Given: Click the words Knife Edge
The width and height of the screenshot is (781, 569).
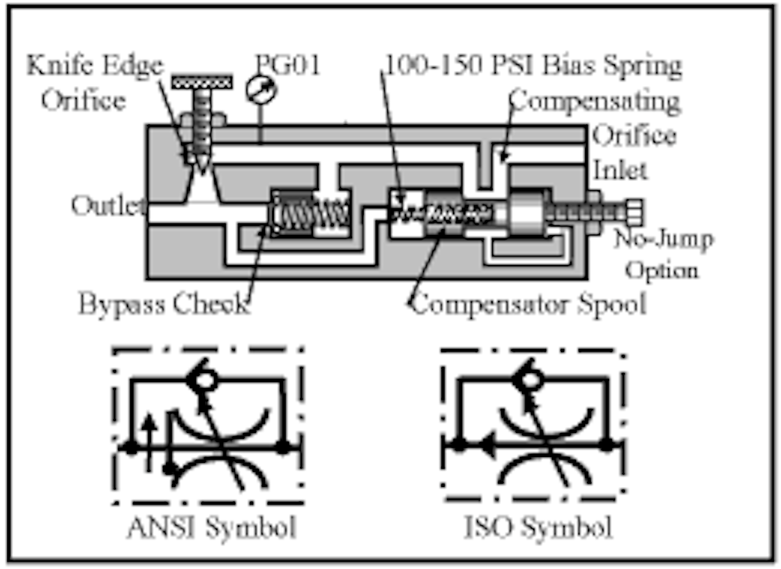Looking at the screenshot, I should click(x=94, y=66).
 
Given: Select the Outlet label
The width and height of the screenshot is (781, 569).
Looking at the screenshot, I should click(x=108, y=206).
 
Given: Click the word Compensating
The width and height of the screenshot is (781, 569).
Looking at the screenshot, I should click(x=594, y=102).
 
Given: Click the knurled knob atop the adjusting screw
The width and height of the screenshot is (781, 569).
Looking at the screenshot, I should click(x=201, y=82).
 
